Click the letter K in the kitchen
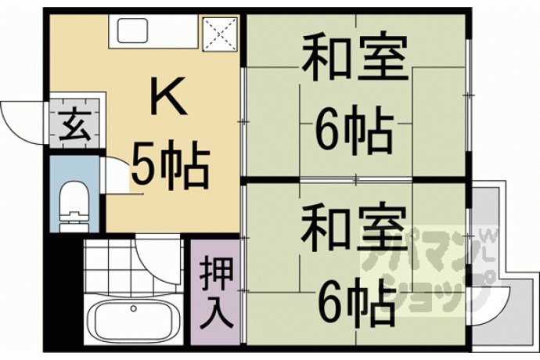pyautogui.click(x=169, y=96)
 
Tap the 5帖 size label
pyautogui.click(x=171, y=165)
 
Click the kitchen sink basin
pyautogui.click(x=132, y=31)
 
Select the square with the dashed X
pyautogui.click(x=221, y=33)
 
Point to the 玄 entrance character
pyautogui.click(x=75, y=124)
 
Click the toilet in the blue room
pyautogui.click(x=74, y=207)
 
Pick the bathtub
pyautogui.click(x=134, y=319)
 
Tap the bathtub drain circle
pyautogui.click(x=134, y=308)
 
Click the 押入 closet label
pyautogui.click(x=216, y=292)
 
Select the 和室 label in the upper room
pyautogui.click(x=355, y=57)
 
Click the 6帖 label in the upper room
pyautogui.click(x=354, y=130)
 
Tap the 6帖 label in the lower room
pyautogui.click(x=355, y=301)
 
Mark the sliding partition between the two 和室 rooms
pyautogui.click(x=356, y=179)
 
